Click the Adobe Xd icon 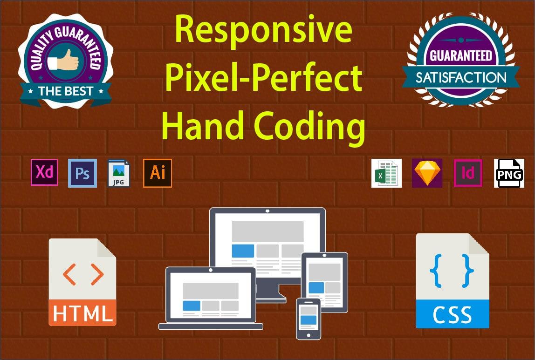(x=44, y=172)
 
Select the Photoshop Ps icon (x=82, y=173)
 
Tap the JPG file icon (x=119, y=173)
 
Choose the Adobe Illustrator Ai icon (x=158, y=173)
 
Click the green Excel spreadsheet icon (x=386, y=173)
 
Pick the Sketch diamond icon (x=427, y=173)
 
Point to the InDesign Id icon (x=468, y=173)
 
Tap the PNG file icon (x=509, y=173)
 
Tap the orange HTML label (x=82, y=313)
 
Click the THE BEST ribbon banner (x=65, y=91)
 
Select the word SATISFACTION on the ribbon (x=461, y=77)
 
